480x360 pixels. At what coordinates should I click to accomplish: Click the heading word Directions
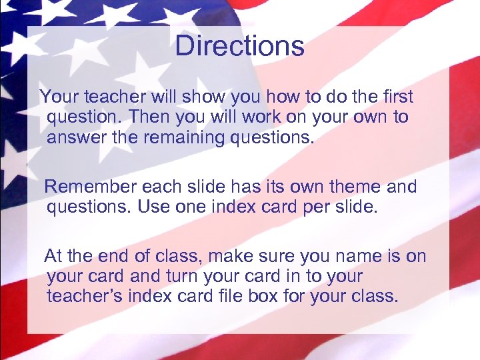point(239,46)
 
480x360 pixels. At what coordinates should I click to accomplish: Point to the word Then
point(150,117)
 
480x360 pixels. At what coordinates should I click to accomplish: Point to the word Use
point(153,207)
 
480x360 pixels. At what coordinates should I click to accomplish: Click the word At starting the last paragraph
point(53,255)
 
